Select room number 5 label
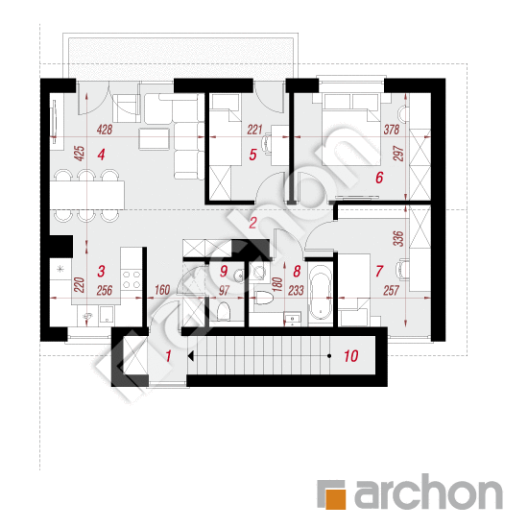click(x=252, y=153)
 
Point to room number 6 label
click(x=379, y=177)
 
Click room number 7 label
click(x=379, y=272)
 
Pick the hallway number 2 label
click(x=252, y=223)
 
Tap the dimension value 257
click(x=391, y=289)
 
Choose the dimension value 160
click(x=161, y=289)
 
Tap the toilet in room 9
click(x=223, y=312)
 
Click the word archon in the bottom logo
click(x=427, y=495)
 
